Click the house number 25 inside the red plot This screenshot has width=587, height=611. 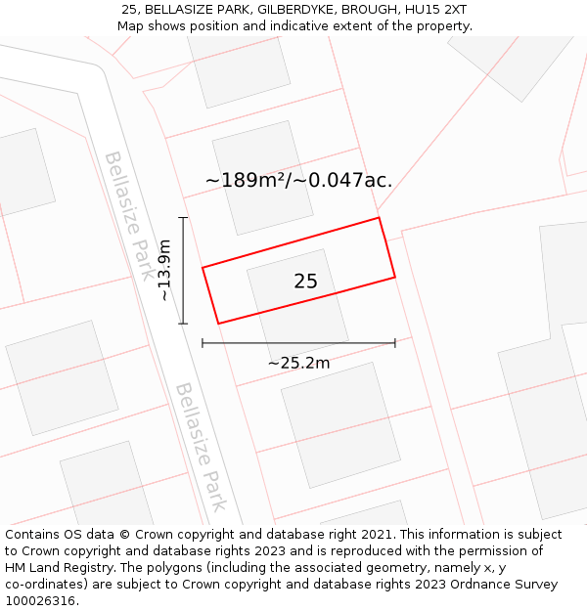pyautogui.click(x=305, y=282)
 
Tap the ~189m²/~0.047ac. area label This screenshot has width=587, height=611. pyautogui.click(x=298, y=180)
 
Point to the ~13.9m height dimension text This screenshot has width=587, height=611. pyautogui.click(x=164, y=271)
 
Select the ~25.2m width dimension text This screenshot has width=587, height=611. pyautogui.click(x=298, y=363)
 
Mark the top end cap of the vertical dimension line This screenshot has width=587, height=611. pyautogui.click(x=183, y=218)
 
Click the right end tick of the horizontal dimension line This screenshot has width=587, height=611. pyautogui.click(x=395, y=343)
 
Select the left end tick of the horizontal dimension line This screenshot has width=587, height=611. pyautogui.click(x=203, y=343)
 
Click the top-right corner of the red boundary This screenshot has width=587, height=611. pyautogui.click(x=379, y=218)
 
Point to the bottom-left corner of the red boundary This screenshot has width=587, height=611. pyautogui.click(x=218, y=324)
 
